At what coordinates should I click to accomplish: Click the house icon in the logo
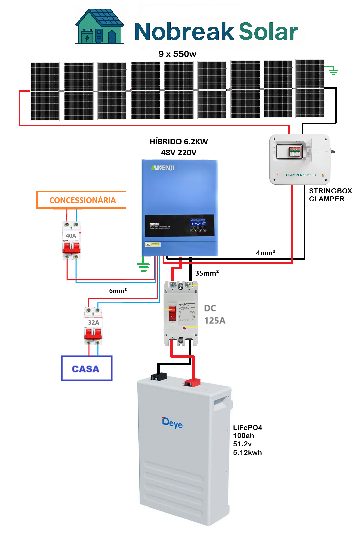click(100, 27)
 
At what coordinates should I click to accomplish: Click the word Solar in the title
click(268, 32)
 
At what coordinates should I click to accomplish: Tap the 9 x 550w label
click(177, 54)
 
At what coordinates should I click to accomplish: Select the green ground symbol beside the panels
click(333, 71)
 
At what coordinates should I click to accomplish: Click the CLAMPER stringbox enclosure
click(300, 159)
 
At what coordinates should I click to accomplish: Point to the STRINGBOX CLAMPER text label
click(330, 195)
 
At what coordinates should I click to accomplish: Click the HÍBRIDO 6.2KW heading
click(178, 142)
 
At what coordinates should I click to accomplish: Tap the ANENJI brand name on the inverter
click(163, 167)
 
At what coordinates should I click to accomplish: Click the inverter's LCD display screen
click(198, 222)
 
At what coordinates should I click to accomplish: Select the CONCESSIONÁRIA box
click(82, 200)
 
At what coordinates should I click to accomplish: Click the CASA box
click(87, 368)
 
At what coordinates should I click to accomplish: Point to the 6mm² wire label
click(118, 291)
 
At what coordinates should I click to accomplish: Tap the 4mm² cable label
click(265, 253)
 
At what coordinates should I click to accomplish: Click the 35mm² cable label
click(207, 273)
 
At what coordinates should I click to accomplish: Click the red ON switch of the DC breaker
click(172, 313)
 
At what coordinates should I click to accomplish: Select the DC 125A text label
click(214, 314)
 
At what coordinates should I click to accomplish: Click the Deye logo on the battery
click(172, 423)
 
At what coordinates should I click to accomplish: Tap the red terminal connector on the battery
click(192, 382)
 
